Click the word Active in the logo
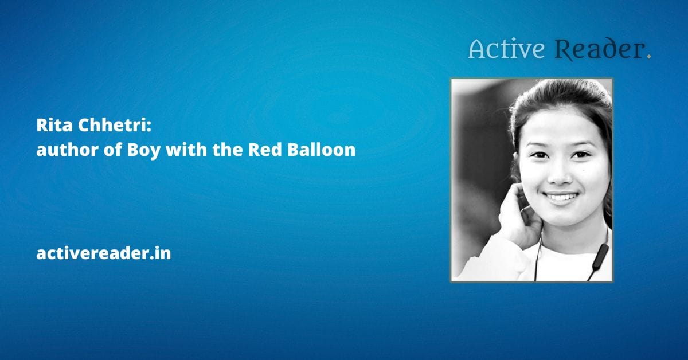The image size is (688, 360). coord(506,50)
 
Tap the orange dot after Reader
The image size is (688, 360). coord(648,56)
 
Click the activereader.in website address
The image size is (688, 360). coord(104,253)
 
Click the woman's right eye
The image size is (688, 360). coord(540,155)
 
